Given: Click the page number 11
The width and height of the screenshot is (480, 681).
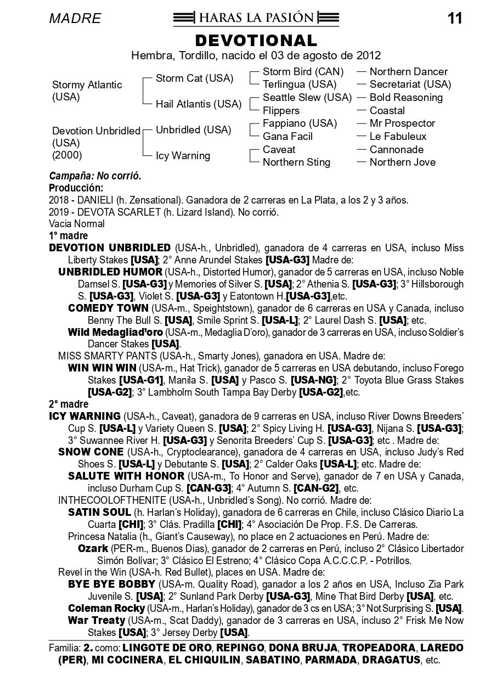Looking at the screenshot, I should (x=455, y=19).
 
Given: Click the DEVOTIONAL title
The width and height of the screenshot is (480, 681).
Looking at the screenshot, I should (x=256, y=41).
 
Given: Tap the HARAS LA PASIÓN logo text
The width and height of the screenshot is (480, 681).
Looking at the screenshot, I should (x=256, y=18).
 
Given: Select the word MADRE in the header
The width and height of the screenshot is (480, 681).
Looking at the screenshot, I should (x=75, y=19).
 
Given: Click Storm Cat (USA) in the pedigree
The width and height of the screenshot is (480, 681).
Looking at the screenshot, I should (x=194, y=78).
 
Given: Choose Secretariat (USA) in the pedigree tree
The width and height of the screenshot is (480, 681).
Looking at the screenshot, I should (x=410, y=85).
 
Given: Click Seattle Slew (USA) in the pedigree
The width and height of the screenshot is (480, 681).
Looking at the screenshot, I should (x=307, y=98).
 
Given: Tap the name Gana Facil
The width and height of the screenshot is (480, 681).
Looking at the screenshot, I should (x=287, y=137).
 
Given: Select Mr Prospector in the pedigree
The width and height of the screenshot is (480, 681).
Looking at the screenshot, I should (x=402, y=123).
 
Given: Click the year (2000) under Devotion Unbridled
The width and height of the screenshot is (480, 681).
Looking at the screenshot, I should (x=67, y=155).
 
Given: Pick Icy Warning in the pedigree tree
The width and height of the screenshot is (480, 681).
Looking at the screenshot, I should (x=183, y=156).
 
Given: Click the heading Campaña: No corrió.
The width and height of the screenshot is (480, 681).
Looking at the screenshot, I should (x=95, y=176).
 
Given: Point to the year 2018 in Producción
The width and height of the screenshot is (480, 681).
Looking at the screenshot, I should (x=59, y=200).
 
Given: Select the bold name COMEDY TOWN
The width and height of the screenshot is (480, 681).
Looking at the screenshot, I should (x=108, y=308).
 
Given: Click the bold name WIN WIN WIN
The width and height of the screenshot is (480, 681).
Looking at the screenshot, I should (x=103, y=368).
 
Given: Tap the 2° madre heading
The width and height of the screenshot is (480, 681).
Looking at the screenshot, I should (x=69, y=404).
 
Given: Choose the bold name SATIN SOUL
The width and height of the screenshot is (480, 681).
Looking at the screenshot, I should (x=99, y=512).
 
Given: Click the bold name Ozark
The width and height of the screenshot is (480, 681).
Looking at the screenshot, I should (x=93, y=548).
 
